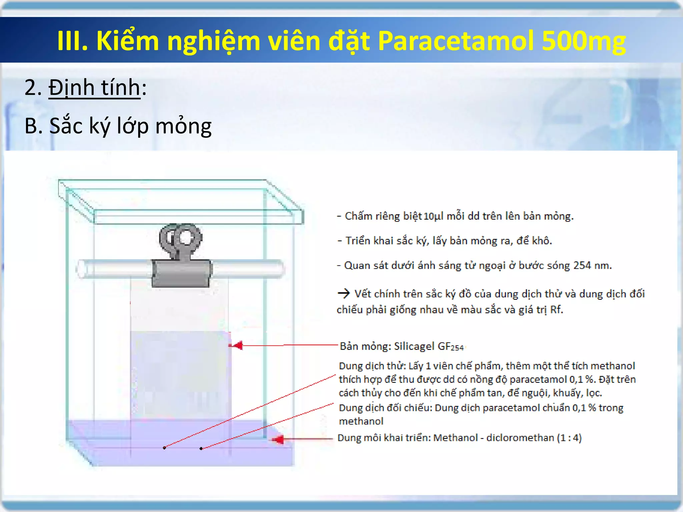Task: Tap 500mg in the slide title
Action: (x=584, y=41)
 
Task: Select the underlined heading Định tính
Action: (x=94, y=88)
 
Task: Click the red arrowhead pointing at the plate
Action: (x=237, y=345)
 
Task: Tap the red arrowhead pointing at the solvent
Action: (x=278, y=439)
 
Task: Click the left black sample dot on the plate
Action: (x=164, y=448)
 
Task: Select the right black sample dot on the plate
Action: (x=201, y=448)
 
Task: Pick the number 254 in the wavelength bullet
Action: (x=582, y=265)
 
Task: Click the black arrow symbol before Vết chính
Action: (x=344, y=294)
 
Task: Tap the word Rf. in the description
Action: (x=557, y=310)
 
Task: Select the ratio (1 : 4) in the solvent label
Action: (x=569, y=438)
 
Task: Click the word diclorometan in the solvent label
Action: (x=520, y=438)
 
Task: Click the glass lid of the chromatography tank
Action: (x=180, y=200)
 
